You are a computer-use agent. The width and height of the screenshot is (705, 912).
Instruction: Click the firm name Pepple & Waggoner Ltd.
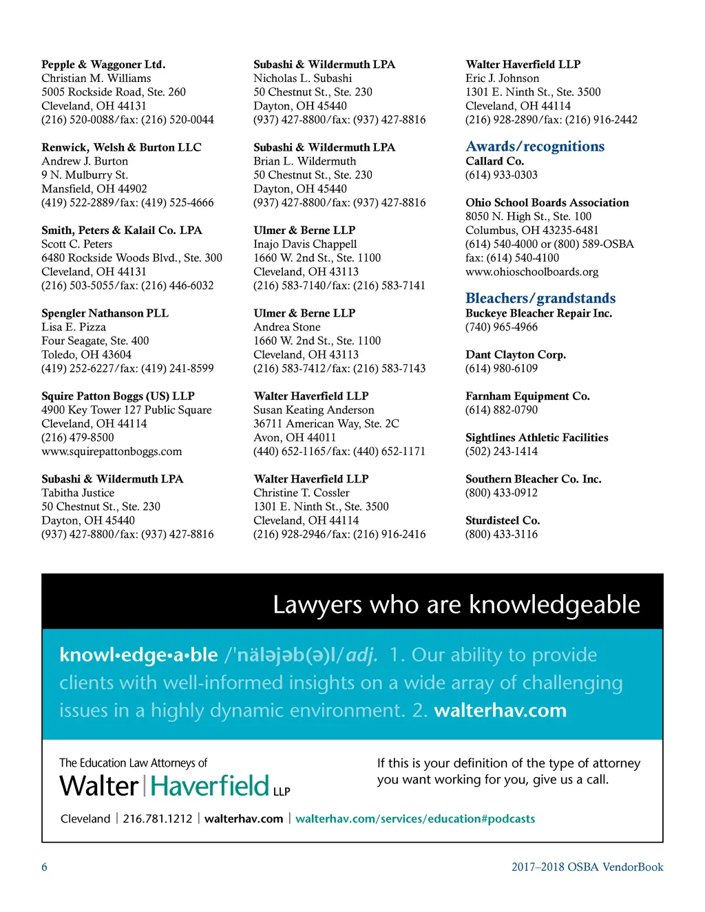[103, 65]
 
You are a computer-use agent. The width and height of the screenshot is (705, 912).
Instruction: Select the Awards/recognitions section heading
[535, 147]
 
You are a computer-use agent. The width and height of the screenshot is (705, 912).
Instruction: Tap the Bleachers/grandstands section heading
[540, 299]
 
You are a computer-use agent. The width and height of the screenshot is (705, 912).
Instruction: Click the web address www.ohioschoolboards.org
[532, 272]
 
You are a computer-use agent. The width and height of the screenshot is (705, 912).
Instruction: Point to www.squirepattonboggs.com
[112, 452]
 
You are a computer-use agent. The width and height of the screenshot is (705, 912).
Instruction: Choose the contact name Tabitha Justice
[78, 493]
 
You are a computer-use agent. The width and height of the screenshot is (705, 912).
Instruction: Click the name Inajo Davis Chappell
[305, 244]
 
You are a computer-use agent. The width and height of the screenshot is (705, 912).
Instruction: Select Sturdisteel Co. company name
[503, 520]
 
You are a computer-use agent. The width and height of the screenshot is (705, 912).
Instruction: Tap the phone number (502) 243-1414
[501, 452]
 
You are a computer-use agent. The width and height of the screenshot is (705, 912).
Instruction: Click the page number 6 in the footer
[45, 867]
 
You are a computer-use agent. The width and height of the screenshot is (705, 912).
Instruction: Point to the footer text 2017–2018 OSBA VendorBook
[587, 867]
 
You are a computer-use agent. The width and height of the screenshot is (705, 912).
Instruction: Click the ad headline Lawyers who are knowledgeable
[456, 605]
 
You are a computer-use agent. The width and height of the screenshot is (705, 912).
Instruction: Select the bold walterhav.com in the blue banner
[500, 710]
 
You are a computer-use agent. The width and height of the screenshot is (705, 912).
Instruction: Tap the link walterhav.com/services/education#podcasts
[415, 819]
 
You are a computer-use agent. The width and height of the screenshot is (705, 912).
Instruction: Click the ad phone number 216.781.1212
[158, 819]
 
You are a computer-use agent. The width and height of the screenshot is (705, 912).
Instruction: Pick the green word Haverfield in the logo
[210, 786]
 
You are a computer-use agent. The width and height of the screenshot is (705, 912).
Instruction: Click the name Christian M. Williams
[96, 78]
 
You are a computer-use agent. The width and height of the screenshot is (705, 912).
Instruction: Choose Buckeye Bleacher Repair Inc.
[538, 313]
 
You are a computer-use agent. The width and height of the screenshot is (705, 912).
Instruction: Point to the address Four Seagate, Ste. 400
[95, 341]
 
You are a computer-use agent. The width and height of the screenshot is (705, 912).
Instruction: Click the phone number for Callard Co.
[501, 175]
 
